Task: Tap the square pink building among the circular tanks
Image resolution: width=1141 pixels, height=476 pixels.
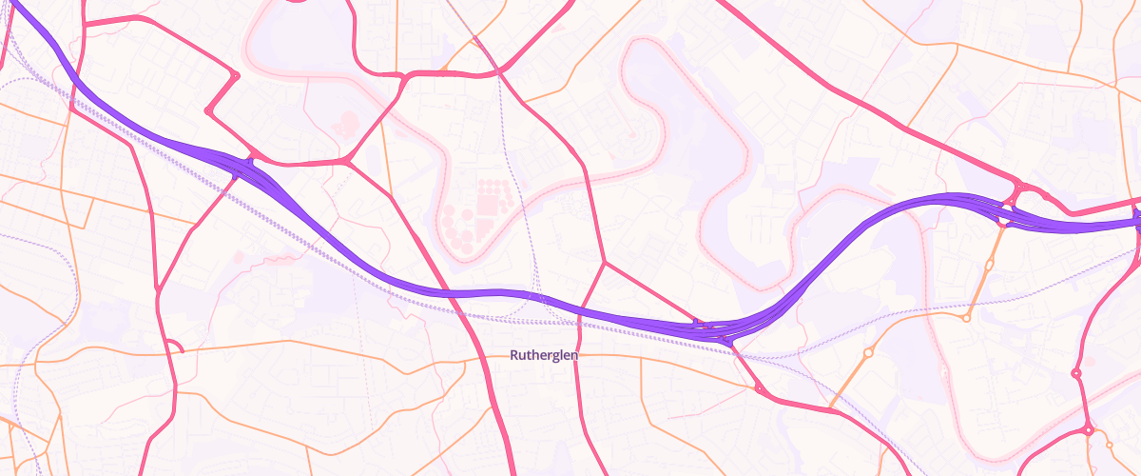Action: point(491,202)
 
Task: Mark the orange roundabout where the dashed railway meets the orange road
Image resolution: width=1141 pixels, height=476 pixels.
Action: point(966,317)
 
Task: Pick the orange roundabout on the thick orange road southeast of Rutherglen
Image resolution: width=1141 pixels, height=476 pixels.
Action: point(868,353)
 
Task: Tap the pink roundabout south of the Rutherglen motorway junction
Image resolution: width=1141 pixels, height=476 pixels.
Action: point(759,388)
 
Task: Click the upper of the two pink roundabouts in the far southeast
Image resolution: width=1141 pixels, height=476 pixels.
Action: point(1076,374)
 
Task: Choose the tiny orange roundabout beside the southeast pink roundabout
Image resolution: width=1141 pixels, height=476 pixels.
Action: point(1110,444)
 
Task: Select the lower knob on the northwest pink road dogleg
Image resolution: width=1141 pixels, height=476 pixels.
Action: point(207,111)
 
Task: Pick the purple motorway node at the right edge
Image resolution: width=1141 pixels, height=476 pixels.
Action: point(1137,219)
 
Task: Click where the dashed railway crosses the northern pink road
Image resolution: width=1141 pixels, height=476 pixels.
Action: point(497,71)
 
